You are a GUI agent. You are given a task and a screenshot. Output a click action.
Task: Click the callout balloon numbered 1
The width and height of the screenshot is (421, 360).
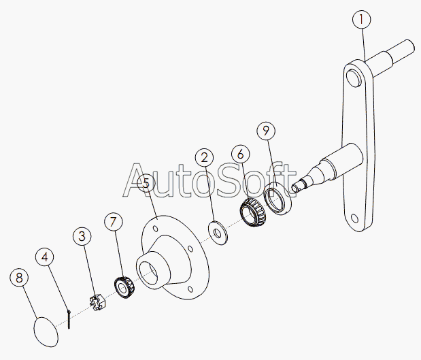[x=362, y=20]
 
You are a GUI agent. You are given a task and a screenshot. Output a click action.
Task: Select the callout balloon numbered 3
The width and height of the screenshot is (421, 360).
[x=82, y=236]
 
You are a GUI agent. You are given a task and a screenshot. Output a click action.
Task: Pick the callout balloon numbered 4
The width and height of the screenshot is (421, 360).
[x=45, y=257]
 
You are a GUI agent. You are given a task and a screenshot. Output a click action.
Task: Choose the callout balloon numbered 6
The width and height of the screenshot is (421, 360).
[x=241, y=154]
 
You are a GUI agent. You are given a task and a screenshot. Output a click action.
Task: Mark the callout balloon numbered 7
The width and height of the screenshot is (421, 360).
[x=113, y=222]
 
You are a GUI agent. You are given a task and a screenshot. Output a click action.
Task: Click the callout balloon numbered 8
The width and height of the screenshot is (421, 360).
[x=19, y=278]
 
